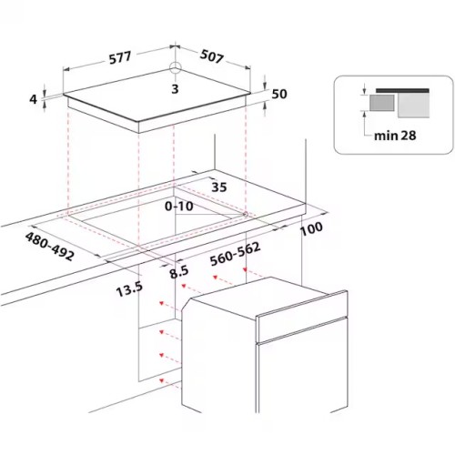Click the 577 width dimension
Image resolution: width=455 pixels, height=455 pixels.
120,57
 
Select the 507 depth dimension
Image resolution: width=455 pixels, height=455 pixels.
212,56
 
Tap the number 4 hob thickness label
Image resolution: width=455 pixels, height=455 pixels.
33,99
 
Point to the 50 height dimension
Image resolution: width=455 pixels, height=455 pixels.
279,94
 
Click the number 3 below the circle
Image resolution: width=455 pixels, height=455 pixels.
175,89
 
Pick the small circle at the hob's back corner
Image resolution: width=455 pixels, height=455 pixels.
176,67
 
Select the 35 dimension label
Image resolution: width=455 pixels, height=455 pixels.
219,187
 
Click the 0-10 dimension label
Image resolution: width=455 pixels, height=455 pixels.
179,207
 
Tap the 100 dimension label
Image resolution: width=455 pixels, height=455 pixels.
311,229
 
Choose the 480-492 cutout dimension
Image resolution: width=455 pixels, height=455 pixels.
49,246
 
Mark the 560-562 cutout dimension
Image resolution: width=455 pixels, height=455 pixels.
236,254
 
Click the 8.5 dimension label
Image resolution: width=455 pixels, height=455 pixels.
179,271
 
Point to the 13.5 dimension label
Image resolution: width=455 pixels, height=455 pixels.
129,289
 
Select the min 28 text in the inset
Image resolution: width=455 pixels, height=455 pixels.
395,136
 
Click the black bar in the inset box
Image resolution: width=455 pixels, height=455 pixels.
402,90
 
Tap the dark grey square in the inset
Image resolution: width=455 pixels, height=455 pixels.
382,103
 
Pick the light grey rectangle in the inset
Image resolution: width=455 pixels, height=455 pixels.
413,105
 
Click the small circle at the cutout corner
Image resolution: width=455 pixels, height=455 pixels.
246,215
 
